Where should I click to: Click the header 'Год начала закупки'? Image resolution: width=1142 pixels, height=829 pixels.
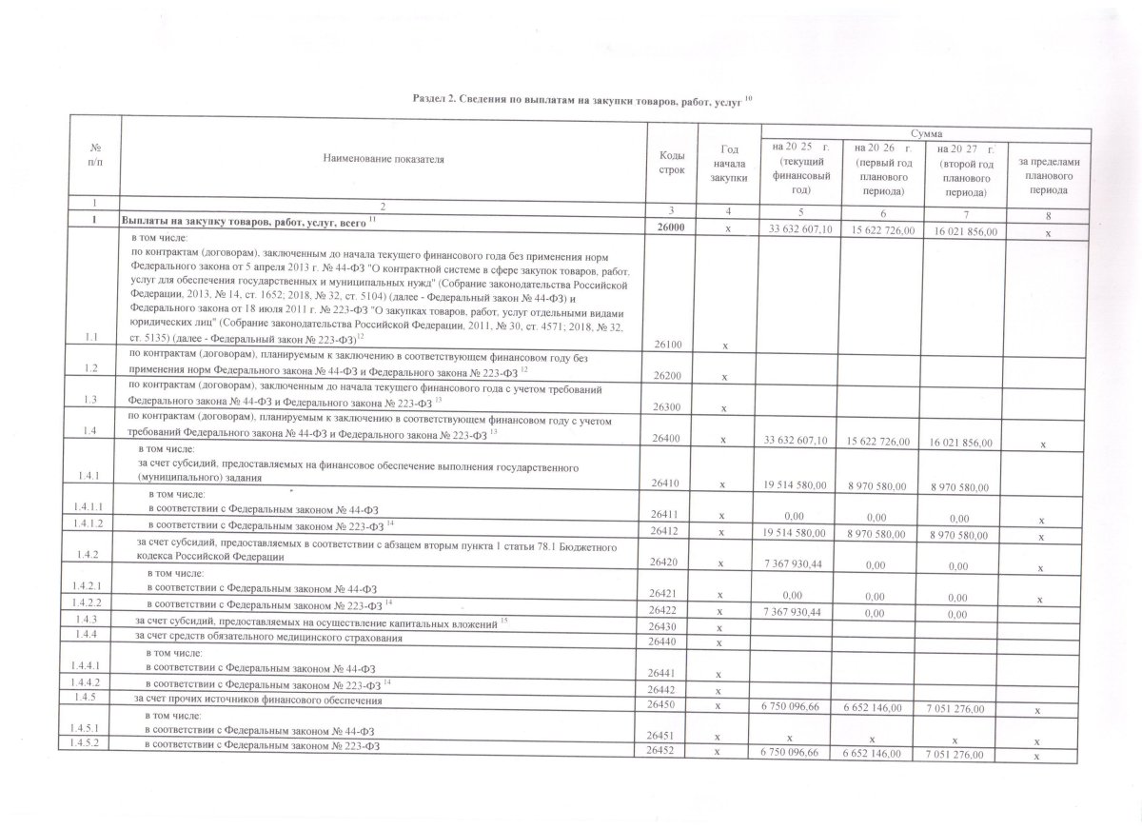(x=730, y=162)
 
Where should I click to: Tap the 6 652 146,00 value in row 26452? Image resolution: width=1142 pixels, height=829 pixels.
(x=880, y=754)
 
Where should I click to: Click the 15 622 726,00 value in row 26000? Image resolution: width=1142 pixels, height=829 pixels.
(x=880, y=231)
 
